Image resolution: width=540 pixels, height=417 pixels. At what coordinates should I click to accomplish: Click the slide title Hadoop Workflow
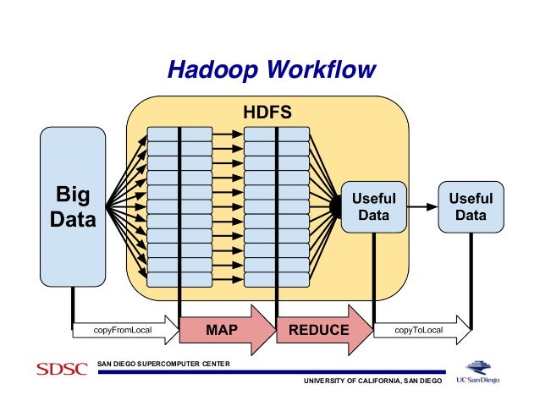tap(270, 69)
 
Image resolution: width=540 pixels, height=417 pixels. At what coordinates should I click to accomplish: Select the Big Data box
tap(73, 207)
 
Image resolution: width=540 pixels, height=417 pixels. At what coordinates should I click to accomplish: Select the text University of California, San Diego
tap(372, 382)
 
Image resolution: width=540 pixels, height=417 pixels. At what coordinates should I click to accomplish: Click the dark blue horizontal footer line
tap(271, 371)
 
